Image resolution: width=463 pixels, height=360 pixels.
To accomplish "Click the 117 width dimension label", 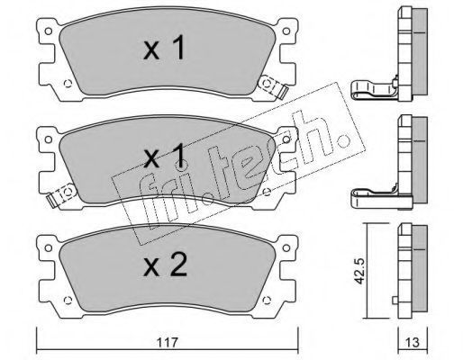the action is pos(168,341).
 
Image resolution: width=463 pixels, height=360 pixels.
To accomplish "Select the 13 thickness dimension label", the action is pos(412,342).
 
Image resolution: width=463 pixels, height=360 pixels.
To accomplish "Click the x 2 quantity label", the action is pos(165,265).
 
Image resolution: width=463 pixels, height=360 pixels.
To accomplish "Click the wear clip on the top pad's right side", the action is pos(273,86).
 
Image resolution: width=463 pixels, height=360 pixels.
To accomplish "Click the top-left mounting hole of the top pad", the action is pos(48,31).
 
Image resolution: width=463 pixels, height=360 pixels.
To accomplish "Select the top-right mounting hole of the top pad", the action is pos(286,31).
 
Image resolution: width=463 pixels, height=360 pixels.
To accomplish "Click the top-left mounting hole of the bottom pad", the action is pos(48,247).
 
